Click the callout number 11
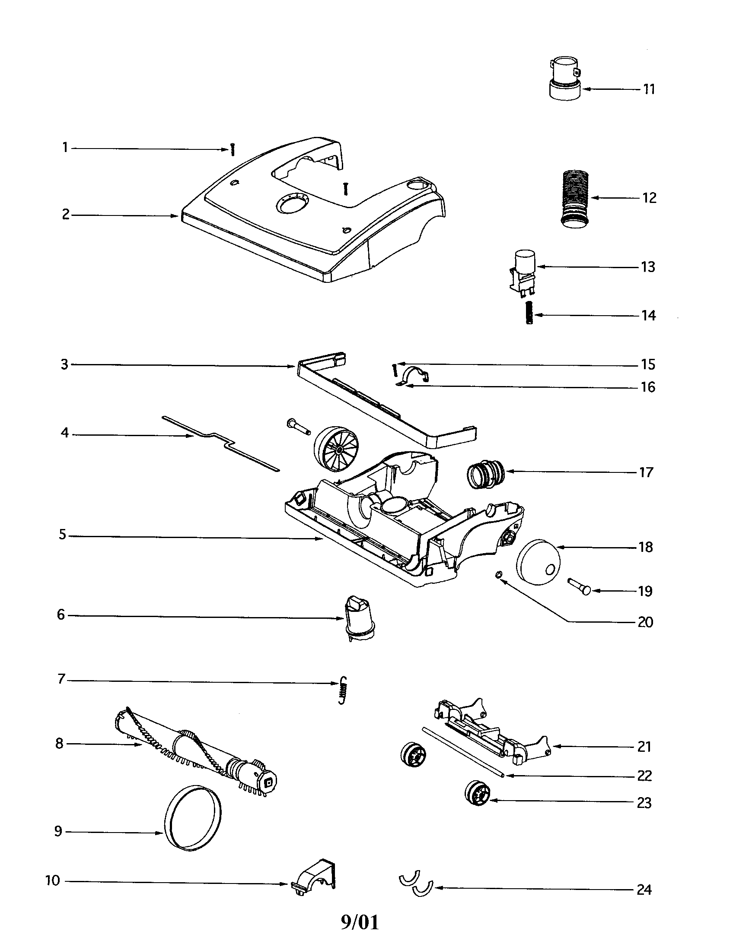[649, 89]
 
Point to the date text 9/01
[360, 923]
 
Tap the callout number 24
[644, 890]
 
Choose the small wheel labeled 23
[478, 793]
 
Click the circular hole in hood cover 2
[291, 203]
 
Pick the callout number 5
[63, 535]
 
